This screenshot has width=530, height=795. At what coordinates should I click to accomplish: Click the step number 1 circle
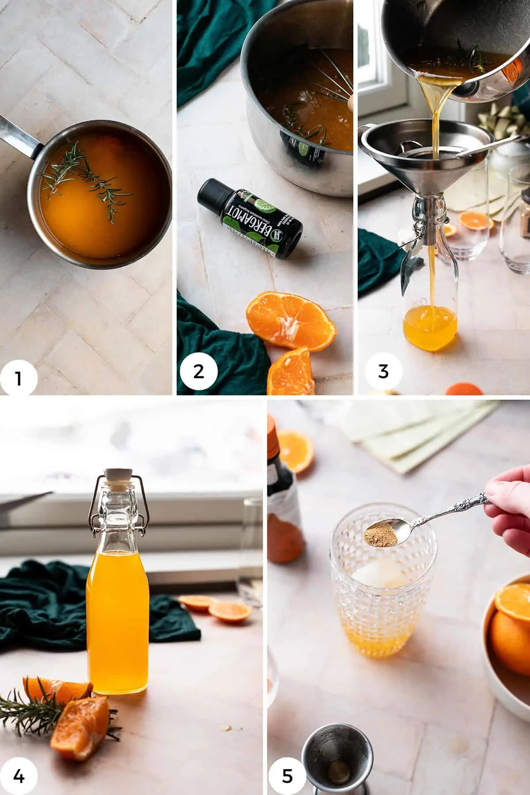pos(18,378)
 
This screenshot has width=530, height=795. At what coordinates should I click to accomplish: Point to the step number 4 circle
pos(18,775)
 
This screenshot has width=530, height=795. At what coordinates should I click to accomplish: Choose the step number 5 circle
pos(287,775)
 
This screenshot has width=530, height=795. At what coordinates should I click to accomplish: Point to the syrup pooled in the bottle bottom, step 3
pos(426,331)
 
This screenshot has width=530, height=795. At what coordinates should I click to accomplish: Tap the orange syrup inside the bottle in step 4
pos(117,618)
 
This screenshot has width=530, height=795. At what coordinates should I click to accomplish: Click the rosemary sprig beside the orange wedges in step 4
pos(26,711)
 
